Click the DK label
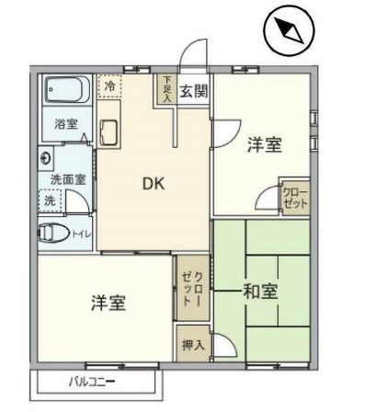click(x=153, y=183)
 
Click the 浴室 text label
click(x=65, y=123)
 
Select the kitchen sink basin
click(x=107, y=132)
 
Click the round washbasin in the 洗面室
click(x=46, y=158)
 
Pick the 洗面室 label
click(x=67, y=179)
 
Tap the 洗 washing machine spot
click(x=49, y=200)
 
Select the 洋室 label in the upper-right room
click(x=264, y=144)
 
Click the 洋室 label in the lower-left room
click(x=108, y=303)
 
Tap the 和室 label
click(x=260, y=292)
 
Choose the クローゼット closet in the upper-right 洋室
click(x=295, y=196)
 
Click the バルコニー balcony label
click(x=92, y=381)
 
